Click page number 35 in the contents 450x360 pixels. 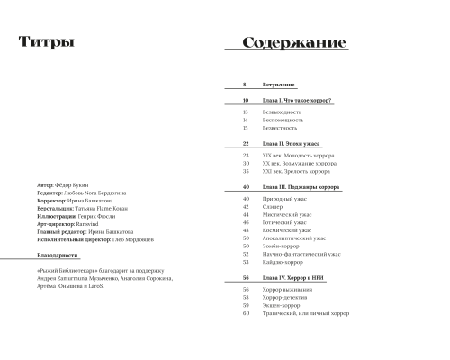(x=246, y=171)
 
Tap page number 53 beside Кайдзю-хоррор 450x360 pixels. (x=246, y=262)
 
